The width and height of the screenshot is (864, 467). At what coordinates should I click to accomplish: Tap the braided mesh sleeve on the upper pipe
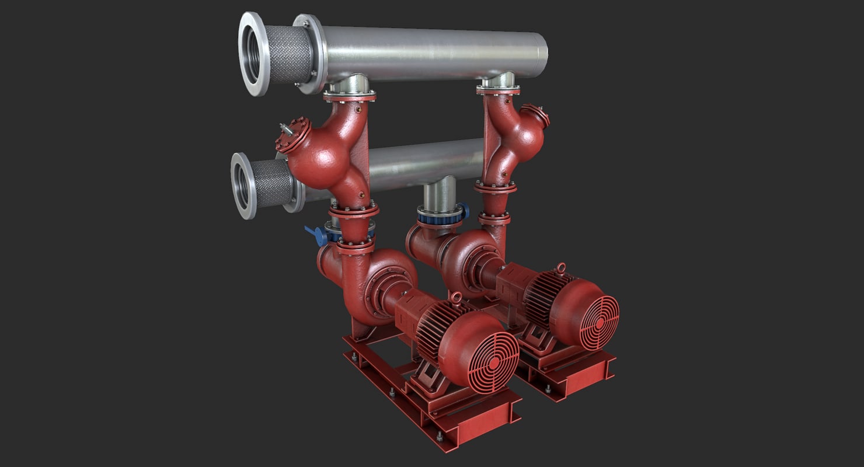coord(288,54)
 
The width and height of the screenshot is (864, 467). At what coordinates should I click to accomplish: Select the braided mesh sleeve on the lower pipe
coord(272,183)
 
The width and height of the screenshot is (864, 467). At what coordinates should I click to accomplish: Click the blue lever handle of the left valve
coord(315,234)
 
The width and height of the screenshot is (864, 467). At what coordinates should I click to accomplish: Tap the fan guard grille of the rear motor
coord(598,322)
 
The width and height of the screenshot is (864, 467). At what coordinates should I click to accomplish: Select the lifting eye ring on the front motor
coord(456,299)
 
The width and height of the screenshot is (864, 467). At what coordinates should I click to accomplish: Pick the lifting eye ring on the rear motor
coord(560,268)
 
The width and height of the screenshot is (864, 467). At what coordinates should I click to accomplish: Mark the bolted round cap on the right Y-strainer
coord(536,114)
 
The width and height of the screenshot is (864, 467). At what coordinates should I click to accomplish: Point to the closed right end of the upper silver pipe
coord(543,53)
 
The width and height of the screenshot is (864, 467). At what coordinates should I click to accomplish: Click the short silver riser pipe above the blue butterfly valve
coord(440,194)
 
